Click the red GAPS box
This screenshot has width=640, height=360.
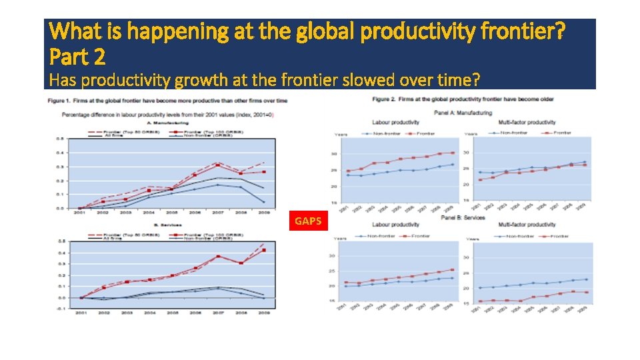click(x=307, y=221)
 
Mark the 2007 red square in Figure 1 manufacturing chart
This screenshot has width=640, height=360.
click(x=217, y=164)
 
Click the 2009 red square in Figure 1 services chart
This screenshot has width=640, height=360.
click(x=263, y=251)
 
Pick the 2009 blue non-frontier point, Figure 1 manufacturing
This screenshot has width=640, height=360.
click(x=263, y=201)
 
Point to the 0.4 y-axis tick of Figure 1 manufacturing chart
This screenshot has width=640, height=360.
click(x=60, y=153)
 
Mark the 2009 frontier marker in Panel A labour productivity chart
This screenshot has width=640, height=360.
click(x=452, y=153)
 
